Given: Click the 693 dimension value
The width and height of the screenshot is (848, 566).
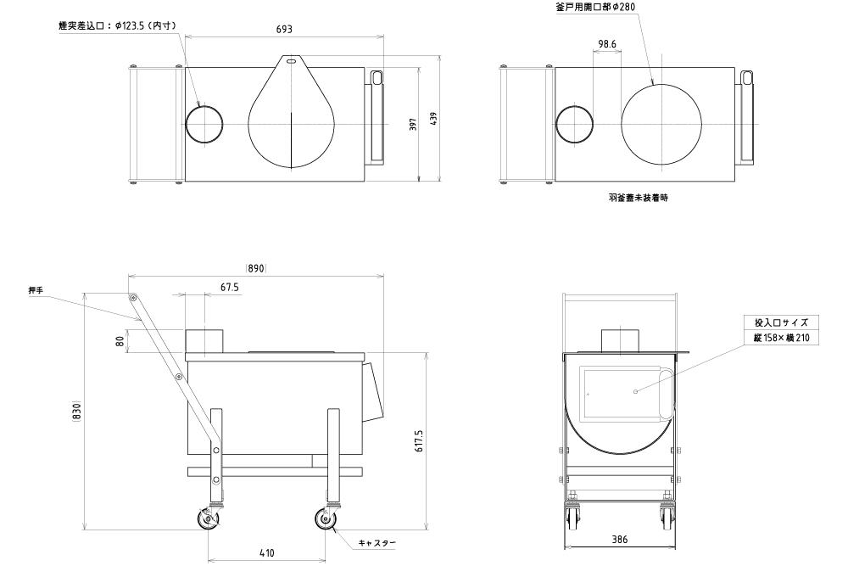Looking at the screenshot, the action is click(x=284, y=29).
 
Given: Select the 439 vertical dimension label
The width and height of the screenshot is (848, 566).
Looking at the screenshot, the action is click(x=433, y=119).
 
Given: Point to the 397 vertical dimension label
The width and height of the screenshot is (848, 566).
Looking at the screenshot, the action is click(x=414, y=125).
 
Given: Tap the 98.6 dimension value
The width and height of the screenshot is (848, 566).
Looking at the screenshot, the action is click(x=607, y=44).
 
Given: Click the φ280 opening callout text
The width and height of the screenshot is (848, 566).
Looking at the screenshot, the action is click(x=595, y=7).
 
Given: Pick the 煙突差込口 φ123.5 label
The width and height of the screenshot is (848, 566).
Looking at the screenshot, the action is click(x=118, y=25).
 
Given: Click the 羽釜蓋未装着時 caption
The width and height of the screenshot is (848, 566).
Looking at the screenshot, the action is click(x=639, y=198).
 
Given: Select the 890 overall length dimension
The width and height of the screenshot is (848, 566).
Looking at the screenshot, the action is click(x=256, y=268).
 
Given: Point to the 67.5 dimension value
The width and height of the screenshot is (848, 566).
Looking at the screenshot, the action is click(x=229, y=288).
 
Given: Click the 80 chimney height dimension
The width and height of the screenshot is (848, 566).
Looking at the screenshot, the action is click(x=120, y=341).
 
